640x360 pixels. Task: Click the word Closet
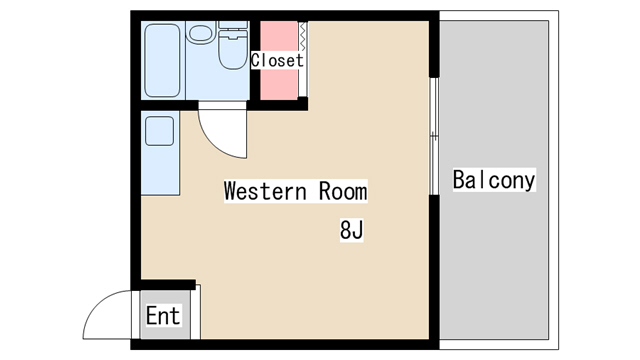(x=277, y=60)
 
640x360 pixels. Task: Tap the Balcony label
(x=494, y=180)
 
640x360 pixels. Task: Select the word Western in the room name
(x=265, y=191)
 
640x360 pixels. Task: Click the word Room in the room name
(x=343, y=191)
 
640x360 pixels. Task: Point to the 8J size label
(x=351, y=230)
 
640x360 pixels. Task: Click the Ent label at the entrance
(x=163, y=316)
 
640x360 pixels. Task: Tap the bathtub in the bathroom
(x=162, y=60)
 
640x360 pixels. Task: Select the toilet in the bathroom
(x=233, y=45)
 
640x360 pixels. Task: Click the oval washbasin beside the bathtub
(x=201, y=33)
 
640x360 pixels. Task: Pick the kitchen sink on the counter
(x=160, y=131)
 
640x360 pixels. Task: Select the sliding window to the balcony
(x=434, y=136)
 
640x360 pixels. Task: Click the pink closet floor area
(x=279, y=60)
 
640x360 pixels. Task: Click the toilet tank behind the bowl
(x=233, y=25)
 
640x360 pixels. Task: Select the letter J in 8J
(x=358, y=230)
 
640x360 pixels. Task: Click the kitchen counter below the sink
(x=160, y=171)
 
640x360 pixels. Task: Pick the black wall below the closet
(x=278, y=105)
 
